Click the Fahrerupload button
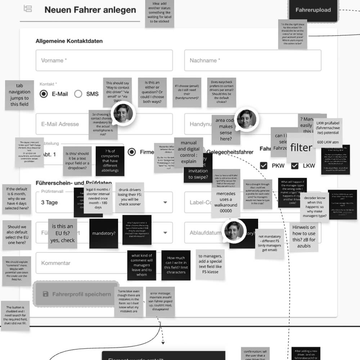click(x=313, y=10)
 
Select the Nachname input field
click(x=252, y=60)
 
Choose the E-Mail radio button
click(x=44, y=94)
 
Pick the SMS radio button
click(x=78, y=94)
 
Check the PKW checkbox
click(x=264, y=166)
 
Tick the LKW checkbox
click(x=295, y=166)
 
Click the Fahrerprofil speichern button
click(x=76, y=294)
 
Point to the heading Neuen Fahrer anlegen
click(x=90, y=10)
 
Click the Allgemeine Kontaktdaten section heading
click(x=69, y=41)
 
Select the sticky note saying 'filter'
click(x=301, y=148)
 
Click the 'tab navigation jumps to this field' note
click(x=19, y=95)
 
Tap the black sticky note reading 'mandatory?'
click(x=104, y=233)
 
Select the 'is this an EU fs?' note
click(x=63, y=233)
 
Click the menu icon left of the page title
click(x=28, y=9)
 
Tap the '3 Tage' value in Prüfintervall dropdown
click(x=50, y=202)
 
